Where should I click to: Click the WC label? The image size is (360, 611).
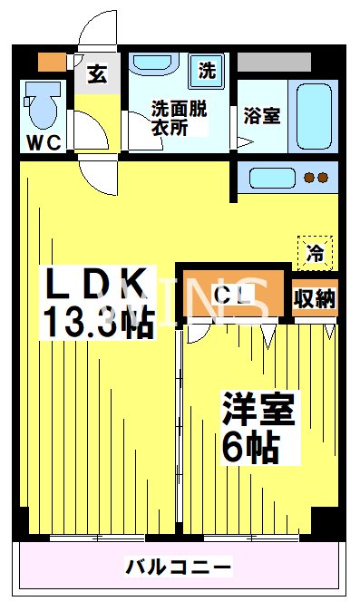click(x=43, y=142)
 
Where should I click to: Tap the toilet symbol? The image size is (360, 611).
click(x=42, y=104)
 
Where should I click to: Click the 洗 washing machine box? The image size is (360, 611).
click(x=208, y=69)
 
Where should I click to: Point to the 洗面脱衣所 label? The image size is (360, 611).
click(x=179, y=118)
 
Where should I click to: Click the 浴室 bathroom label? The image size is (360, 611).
click(x=261, y=115)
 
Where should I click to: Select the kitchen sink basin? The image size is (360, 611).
click(x=268, y=177)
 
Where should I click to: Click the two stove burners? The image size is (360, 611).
click(x=316, y=178)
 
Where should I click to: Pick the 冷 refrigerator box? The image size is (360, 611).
click(x=315, y=251)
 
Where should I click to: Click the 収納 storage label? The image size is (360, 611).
click(x=315, y=298)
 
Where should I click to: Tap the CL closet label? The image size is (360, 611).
click(x=233, y=294)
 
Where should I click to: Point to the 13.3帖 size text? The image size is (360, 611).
click(x=97, y=322)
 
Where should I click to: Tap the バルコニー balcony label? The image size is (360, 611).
click(x=179, y=568)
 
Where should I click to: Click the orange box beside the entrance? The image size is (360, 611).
click(x=52, y=63)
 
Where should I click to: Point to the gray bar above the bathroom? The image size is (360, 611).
click(x=274, y=63)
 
